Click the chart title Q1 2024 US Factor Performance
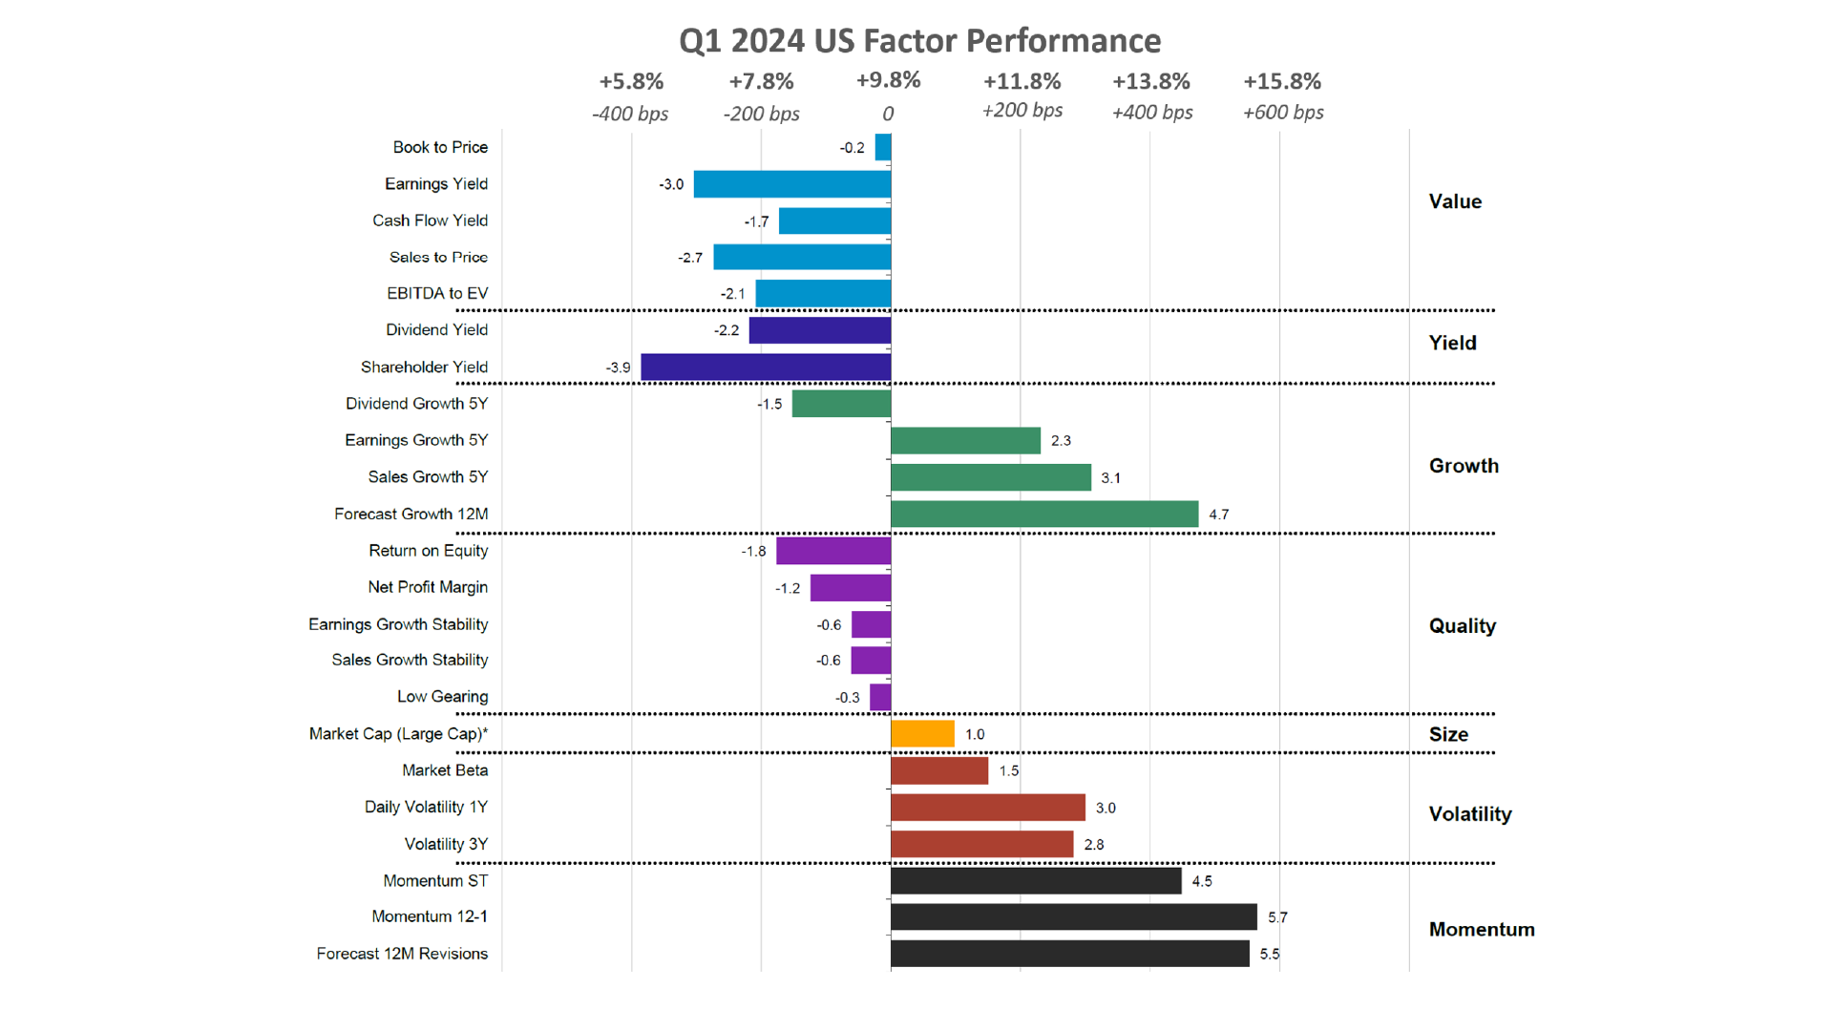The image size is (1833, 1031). [x=919, y=41]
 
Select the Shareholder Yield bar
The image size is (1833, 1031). [x=766, y=368]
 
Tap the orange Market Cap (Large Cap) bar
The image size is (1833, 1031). [x=922, y=734]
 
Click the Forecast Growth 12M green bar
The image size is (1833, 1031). [x=1044, y=515]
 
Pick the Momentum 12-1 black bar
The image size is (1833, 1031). [x=1073, y=917]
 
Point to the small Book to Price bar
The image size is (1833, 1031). [x=883, y=147]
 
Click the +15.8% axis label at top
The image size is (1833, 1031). [x=1282, y=82]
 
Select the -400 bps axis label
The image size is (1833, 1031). [x=630, y=114]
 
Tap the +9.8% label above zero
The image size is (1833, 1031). [x=888, y=81]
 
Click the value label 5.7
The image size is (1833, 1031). [x=1277, y=917]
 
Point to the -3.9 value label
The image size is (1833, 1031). [x=618, y=368]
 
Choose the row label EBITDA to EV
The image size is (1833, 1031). [x=437, y=293]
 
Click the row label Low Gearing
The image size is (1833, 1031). [x=442, y=697]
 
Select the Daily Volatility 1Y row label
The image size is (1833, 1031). [x=426, y=808]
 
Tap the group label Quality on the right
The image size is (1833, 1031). [x=1462, y=626]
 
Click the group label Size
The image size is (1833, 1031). [x=1448, y=734]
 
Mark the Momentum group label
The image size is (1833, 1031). [x=1481, y=930]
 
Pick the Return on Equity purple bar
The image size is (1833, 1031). [x=833, y=551]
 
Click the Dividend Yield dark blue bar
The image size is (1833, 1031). [x=820, y=330]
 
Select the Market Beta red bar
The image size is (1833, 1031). [x=939, y=770]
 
